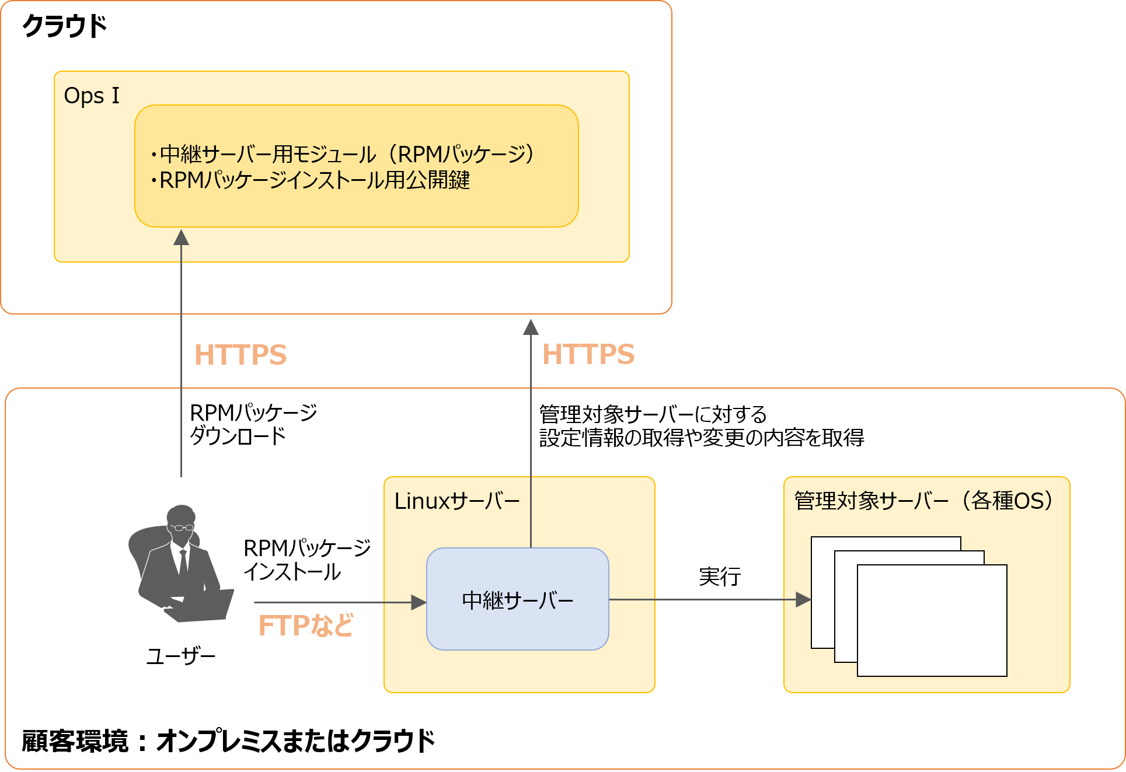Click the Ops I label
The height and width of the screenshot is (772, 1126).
[92, 96]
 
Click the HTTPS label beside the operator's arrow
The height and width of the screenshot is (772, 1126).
[240, 355]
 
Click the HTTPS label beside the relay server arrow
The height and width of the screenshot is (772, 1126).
[588, 354]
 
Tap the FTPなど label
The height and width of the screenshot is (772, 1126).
[306, 626]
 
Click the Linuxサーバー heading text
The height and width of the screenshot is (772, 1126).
[456, 501]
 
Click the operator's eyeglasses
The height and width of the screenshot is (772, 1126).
[182, 528]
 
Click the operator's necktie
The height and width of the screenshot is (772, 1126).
[183, 561]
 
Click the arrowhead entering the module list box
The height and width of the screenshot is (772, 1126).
[182, 237]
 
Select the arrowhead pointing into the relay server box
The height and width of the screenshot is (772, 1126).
[419, 602]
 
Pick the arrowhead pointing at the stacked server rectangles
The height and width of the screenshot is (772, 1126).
[803, 599]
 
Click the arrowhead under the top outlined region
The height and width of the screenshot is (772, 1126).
[531, 327]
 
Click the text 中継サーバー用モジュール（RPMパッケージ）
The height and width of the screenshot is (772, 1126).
[347, 154]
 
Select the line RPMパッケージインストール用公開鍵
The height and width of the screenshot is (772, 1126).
[315, 180]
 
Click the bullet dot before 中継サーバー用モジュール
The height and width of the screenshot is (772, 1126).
[154, 155]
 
